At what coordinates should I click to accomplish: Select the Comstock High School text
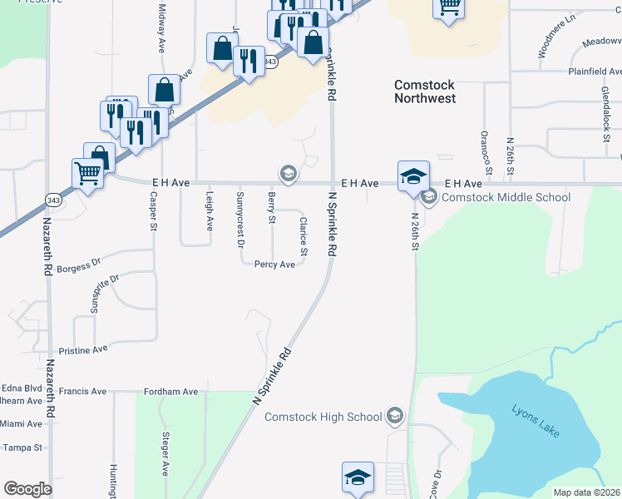[x=323, y=417]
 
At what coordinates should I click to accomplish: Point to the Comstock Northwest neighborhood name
[x=425, y=91]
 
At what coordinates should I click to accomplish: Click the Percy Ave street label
[x=275, y=264]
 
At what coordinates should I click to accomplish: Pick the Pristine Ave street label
[x=83, y=350]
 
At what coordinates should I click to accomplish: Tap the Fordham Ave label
[x=170, y=392]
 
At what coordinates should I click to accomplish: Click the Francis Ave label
[x=83, y=391]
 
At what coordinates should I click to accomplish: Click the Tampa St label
[x=22, y=447]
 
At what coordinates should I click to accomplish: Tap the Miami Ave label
[x=21, y=424]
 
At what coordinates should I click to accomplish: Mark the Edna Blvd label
[x=22, y=388]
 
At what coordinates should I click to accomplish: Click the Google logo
[x=27, y=488]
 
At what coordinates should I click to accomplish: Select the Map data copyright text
[x=587, y=492]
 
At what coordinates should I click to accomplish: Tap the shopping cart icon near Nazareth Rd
[x=88, y=175]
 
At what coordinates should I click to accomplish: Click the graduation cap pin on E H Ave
[x=413, y=176]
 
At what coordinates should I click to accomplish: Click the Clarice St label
[x=304, y=237]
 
